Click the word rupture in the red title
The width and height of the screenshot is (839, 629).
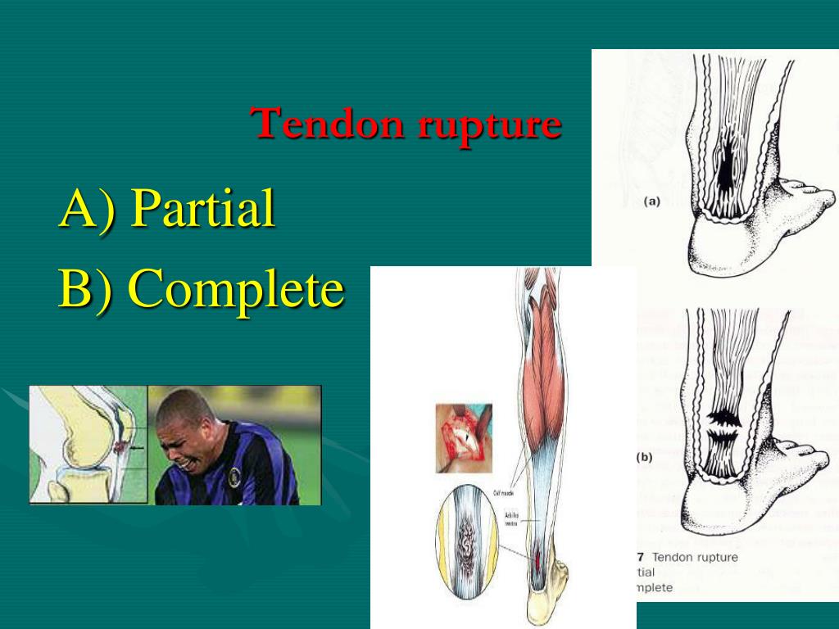click(489, 125)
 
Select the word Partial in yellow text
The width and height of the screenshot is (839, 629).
click(202, 208)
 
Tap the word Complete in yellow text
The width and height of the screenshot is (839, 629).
click(235, 289)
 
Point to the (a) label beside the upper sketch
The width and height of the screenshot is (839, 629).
click(652, 200)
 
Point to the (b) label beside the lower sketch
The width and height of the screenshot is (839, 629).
click(644, 457)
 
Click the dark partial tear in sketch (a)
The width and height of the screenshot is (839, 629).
click(725, 163)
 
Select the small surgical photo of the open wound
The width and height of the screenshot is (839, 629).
click(463, 437)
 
